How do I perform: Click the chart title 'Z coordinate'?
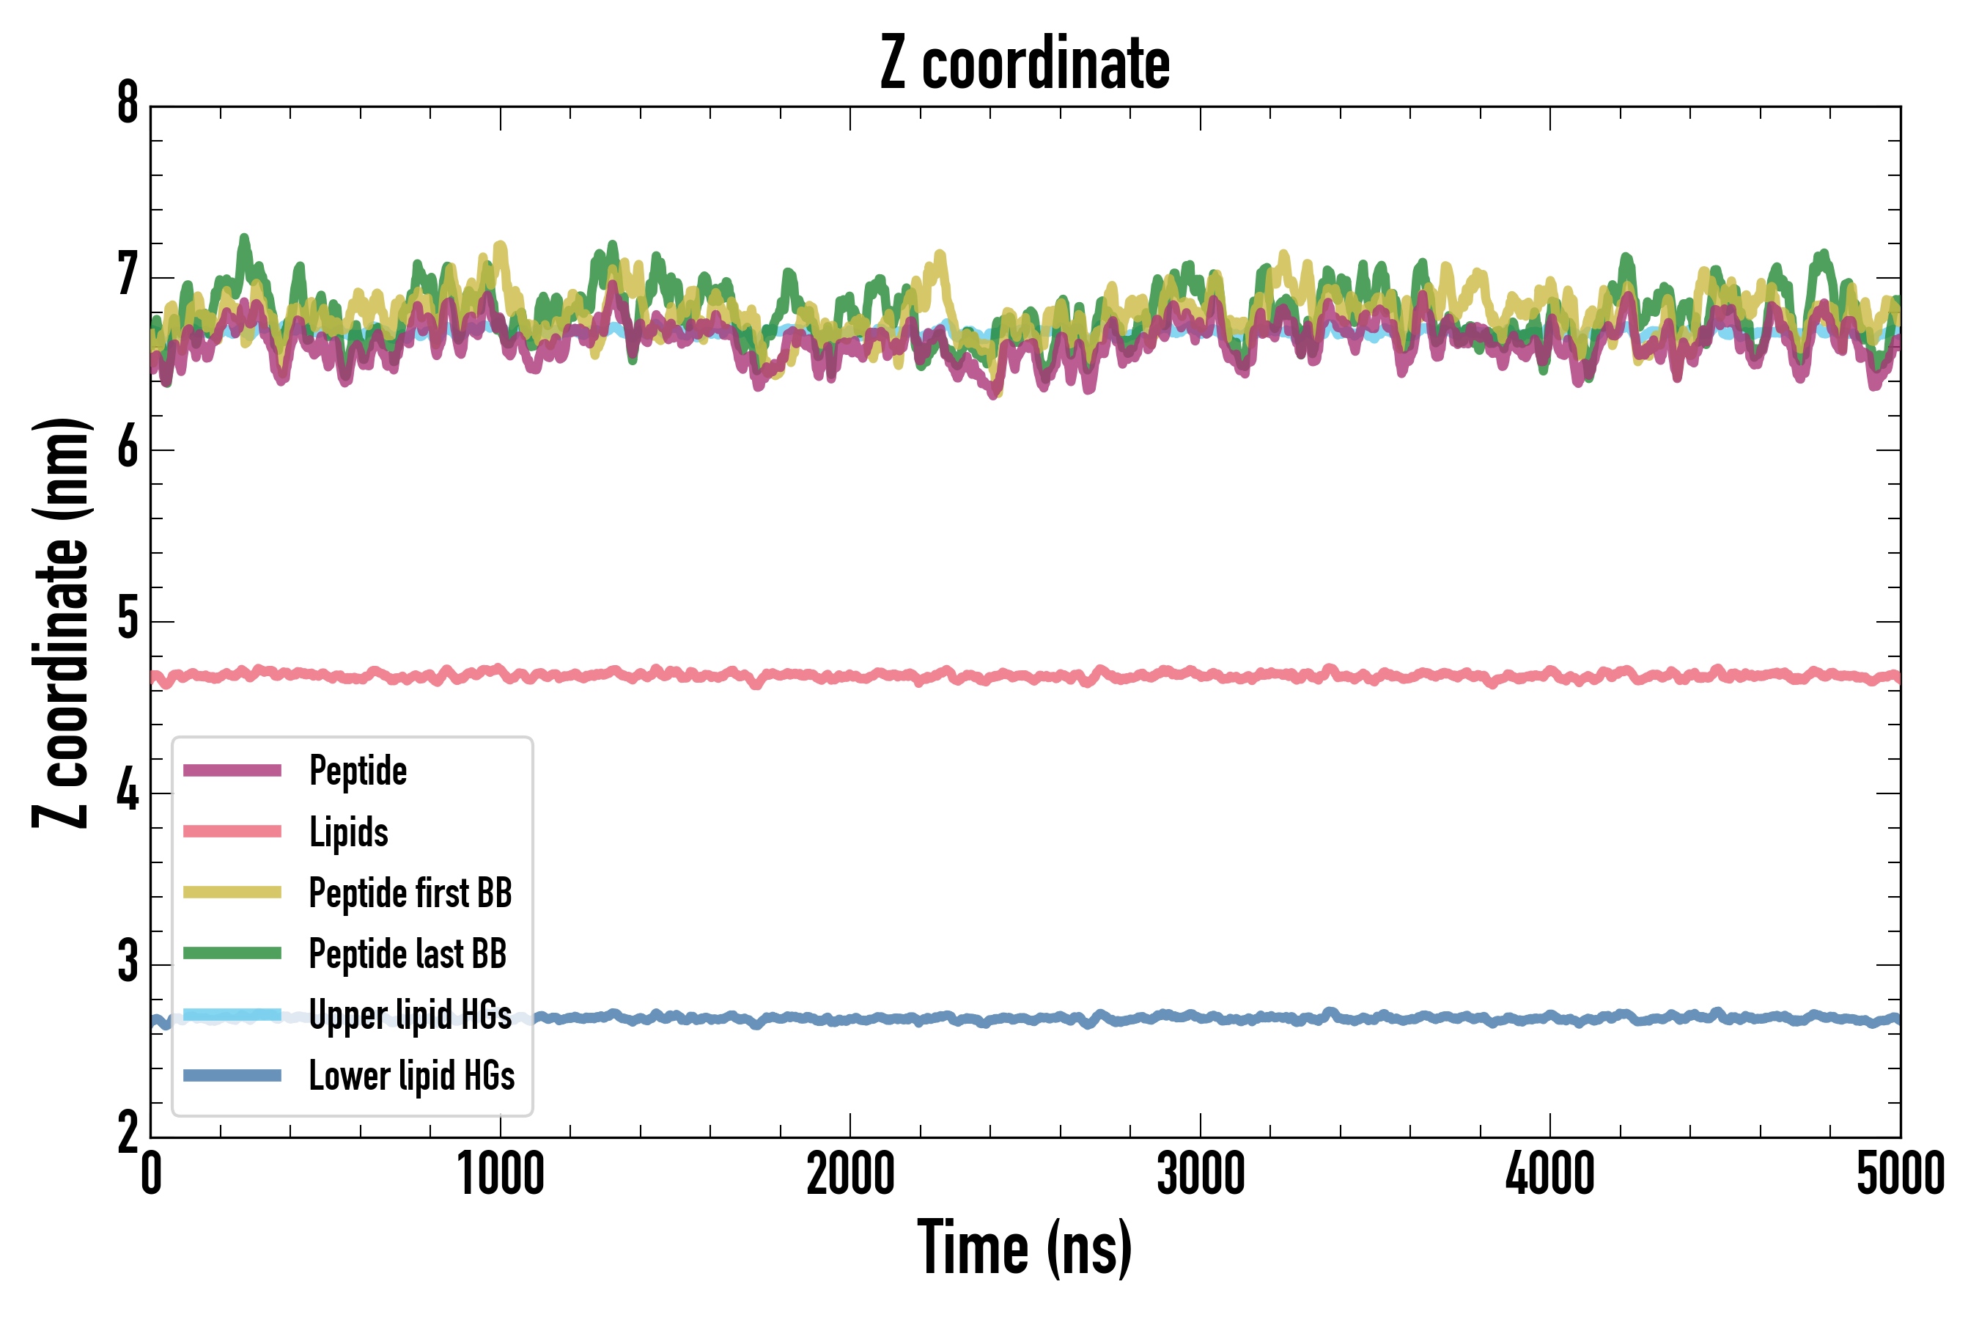click(x=1024, y=63)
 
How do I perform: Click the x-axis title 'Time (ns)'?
click(x=1024, y=1247)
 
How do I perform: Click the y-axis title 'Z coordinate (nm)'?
click(x=61, y=623)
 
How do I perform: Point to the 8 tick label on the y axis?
click(x=128, y=104)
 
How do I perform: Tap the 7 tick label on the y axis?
click(x=128, y=276)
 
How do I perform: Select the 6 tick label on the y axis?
click(x=128, y=448)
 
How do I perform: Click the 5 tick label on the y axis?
click(x=128, y=620)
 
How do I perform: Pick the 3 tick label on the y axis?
click(x=128, y=963)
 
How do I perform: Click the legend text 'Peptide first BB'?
click(x=410, y=893)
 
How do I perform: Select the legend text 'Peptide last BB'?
click(x=408, y=954)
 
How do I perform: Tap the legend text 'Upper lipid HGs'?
click(x=410, y=1014)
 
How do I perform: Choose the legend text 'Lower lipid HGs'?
click(x=412, y=1076)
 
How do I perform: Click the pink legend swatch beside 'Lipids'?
click(x=232, y=832)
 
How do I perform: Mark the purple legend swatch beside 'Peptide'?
click(x=232, y=770)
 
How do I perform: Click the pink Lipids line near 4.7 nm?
click(x=1178, y=675)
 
